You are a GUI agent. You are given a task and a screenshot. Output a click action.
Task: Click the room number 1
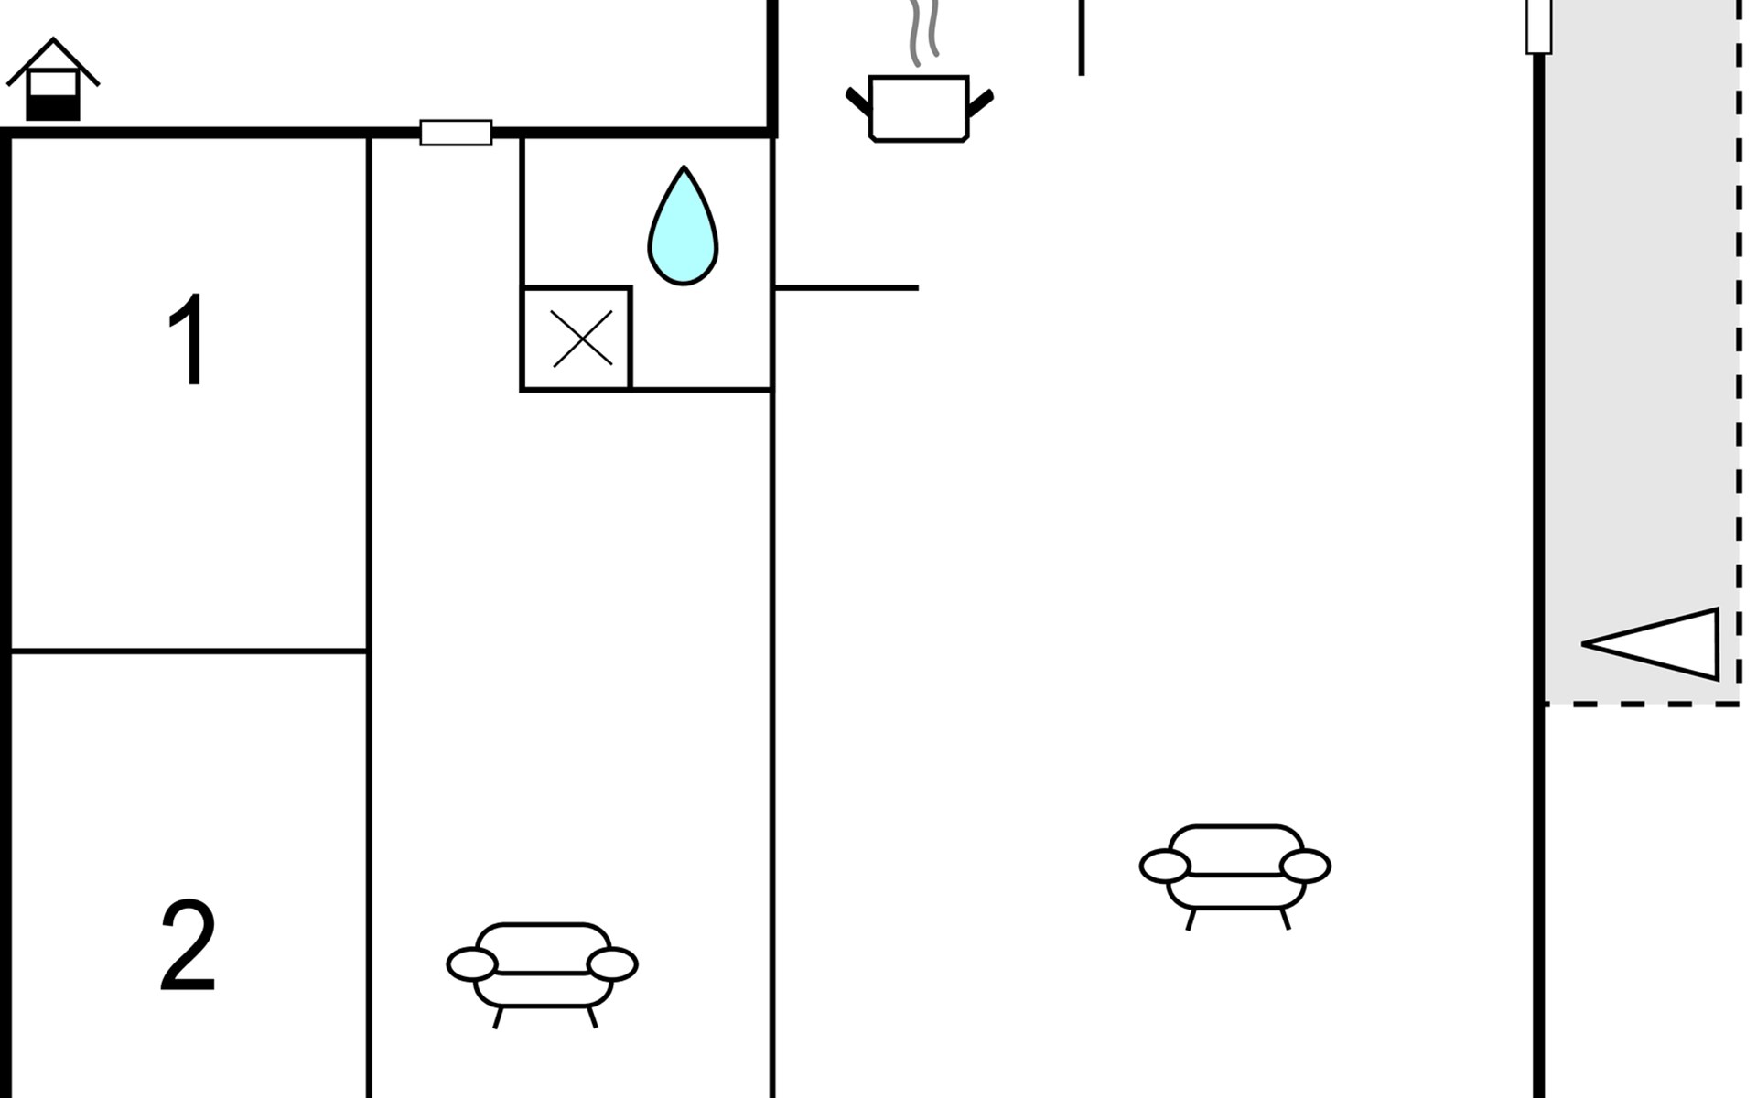[189, 339]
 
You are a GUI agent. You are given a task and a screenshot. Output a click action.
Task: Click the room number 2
[189, 945]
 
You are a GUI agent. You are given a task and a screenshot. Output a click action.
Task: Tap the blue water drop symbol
[683, 226]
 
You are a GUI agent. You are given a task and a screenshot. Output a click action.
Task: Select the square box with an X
[577, 339]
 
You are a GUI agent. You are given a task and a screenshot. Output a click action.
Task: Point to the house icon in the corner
[53, 80]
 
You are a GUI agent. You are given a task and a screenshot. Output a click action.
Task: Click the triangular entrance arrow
[1650, 644]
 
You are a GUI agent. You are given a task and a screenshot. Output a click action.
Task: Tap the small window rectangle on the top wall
[456, 133]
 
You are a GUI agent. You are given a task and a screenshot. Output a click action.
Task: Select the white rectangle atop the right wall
[1539, 26]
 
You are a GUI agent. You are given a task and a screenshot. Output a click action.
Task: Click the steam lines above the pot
[923, 32]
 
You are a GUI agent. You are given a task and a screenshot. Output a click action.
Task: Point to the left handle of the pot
[858, 101]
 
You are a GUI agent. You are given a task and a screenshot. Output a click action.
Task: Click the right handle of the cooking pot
[980, 102]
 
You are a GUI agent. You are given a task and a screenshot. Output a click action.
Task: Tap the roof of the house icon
[53, 60]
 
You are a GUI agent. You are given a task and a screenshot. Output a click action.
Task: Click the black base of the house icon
[53, 108]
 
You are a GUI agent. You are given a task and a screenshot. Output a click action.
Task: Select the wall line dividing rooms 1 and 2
[189, 651]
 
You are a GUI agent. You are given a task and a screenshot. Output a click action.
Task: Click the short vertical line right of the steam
[1082, 38]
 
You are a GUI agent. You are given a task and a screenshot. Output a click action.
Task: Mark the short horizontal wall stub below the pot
[846, 288]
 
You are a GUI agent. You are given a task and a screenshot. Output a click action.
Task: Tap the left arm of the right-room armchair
[1165, 866]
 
